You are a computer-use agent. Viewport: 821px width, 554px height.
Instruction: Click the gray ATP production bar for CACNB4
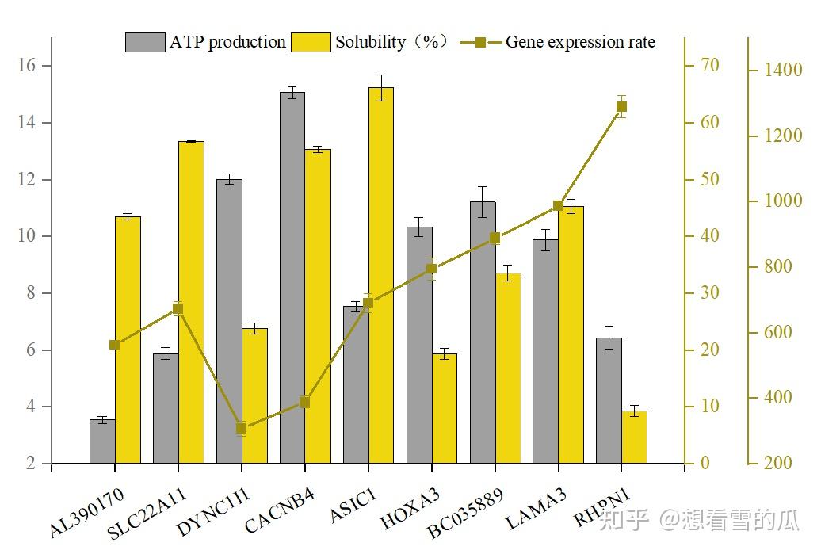[x=292, y=277]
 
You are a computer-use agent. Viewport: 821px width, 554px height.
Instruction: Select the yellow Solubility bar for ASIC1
[x=381, y=276]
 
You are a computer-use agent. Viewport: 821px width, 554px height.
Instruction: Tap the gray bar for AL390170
[x=102, y=441]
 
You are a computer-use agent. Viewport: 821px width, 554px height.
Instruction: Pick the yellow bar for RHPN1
[x=634, y=437]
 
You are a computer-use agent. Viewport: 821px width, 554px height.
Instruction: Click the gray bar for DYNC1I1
[x=229, y=322]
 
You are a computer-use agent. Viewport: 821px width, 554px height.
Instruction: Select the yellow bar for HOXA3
[x=445, y=408]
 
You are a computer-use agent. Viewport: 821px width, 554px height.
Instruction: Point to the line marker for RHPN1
[x=621, y=107]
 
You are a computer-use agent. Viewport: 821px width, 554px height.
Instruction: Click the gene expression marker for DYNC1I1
[x=242, y=428]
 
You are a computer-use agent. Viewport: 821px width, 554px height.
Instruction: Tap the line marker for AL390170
[x=115, y=345]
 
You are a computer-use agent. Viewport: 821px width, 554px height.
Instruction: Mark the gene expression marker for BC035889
[x=495, y=239]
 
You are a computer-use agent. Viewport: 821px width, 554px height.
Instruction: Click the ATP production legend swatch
[x=145, y=42]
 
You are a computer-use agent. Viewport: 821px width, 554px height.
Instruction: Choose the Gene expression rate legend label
[x=580, y=42]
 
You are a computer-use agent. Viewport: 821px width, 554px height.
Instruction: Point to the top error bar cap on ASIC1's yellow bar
[x=381, y=75]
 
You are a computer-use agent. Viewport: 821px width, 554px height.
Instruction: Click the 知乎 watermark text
[x=623, y=520]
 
